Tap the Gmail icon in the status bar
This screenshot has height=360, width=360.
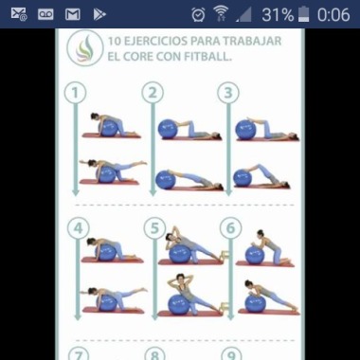click(x=73, y=14)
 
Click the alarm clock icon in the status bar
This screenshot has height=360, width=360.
click(x=198, y=14)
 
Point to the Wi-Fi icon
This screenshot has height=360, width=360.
click(x=221, y=14)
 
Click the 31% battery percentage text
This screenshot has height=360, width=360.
click(x=278, y=15)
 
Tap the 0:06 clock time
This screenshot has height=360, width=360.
click(x=333, y=15)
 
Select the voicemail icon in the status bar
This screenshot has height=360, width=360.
click(x=45, y=14)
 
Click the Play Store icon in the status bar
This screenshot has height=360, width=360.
click(x=99, y=14)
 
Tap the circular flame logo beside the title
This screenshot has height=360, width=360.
click(x=85, y=48)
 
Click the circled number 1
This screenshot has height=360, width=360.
click(x=75, y=93)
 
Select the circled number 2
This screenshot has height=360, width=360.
click(x=153, y=93)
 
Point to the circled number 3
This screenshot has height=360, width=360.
click(x=228, y=93)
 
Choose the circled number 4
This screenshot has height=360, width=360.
click(x=78, y=228)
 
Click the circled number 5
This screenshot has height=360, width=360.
click(x=154, y=228)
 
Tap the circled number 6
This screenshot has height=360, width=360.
click(x=230, y=228)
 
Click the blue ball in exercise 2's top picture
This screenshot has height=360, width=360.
click(x=168, y=129)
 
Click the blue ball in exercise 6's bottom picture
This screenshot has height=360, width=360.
click(x=255, y=304)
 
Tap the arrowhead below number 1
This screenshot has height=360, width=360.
click(x=75, y=192)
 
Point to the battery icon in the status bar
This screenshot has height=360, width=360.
click(x=303, y=14)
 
